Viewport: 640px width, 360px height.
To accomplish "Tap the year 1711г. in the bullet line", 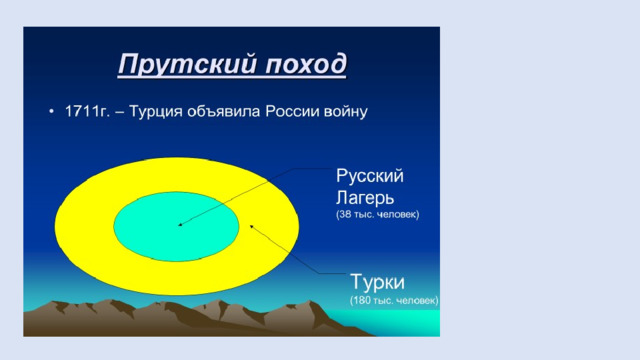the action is [87, 111].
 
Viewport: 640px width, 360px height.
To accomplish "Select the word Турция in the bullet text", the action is [156, 112].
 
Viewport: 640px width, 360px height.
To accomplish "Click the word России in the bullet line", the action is [292, 111].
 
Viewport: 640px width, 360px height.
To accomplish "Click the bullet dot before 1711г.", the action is [51, 111].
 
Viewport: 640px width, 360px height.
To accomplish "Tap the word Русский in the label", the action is [370, 176].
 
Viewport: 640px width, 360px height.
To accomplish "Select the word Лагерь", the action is [365, 198].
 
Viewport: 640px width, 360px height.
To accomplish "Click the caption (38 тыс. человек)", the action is [378, 214].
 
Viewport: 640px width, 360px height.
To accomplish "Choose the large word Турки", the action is [378, 282].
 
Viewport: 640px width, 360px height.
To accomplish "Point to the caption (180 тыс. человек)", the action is [394, 300].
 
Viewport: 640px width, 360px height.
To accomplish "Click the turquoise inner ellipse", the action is [176, 227].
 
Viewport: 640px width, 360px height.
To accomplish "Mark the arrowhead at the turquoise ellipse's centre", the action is [181, 224].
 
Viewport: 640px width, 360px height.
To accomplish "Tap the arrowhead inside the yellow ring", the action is [252, 226].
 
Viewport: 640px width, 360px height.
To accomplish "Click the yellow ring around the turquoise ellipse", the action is [84, 226].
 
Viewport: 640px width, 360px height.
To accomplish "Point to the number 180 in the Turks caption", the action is [362, 300].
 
